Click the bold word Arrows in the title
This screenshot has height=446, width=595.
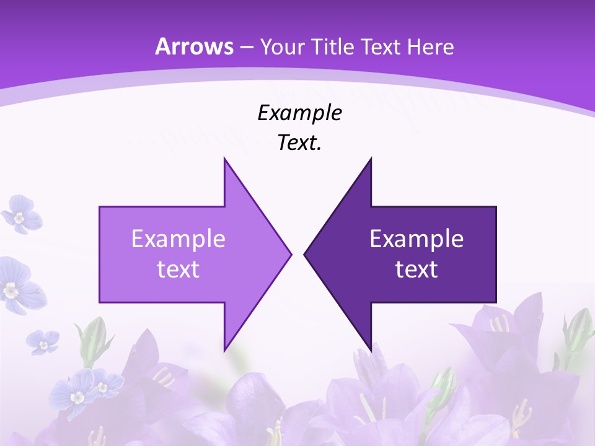click(195, 46)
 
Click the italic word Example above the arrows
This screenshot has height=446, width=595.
click(300, 113)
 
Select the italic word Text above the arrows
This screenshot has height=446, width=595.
click(297, 143)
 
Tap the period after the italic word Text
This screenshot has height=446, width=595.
click(320, 149)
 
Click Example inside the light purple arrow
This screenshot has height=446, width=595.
click(178, 239)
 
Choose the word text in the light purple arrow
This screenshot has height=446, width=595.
click(178, 269)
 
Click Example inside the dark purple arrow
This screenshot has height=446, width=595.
click(416, 239)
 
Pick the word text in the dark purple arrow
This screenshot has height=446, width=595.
click(416, 269)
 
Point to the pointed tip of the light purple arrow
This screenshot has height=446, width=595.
click(290, 254)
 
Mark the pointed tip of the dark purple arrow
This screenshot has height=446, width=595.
click(305, 254)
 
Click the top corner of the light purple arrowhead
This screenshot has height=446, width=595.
click(224, 159)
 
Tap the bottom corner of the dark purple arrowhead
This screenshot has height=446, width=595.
click(371, 350)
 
